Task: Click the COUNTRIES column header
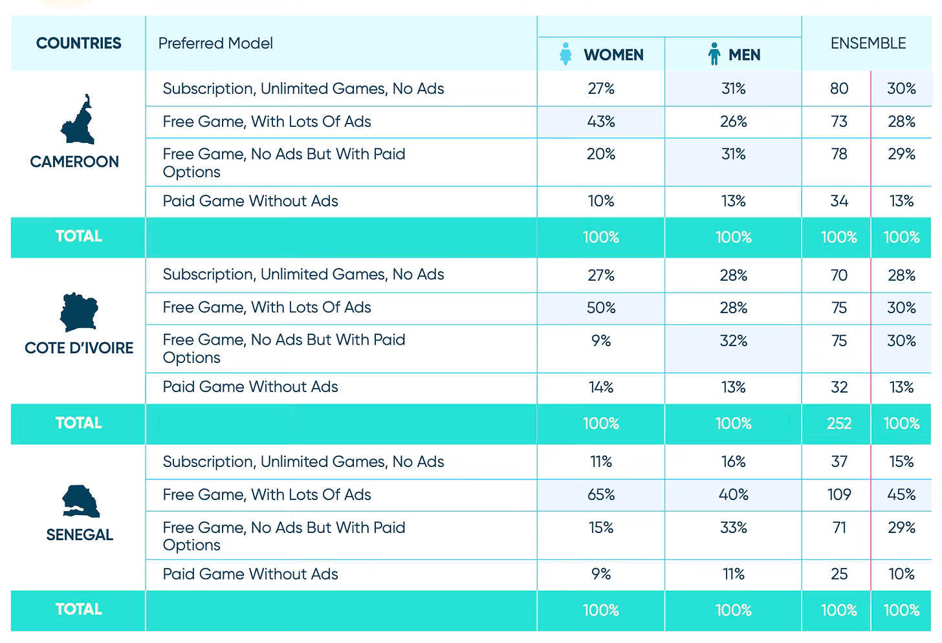[78, 43]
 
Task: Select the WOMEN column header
[613, 55]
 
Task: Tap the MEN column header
[744, 55]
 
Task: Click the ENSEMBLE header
[868, 43]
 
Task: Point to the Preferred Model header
[215, 43]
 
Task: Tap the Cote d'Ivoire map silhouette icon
[78, 311]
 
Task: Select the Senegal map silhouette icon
[81, 501]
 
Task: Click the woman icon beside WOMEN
[565, 54]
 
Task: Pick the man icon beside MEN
[714, 54]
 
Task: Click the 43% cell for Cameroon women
[600, 122]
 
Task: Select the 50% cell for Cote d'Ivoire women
[600, 308]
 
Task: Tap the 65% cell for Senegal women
[600, 495]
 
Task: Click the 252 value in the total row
[838, 424]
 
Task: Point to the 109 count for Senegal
[838, 495]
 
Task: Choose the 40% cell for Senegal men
[733, 495]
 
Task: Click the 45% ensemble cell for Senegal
[901, 495]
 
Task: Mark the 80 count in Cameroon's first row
[838, 89]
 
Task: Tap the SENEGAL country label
[80, 535]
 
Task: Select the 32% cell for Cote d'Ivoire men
[733, 341]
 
